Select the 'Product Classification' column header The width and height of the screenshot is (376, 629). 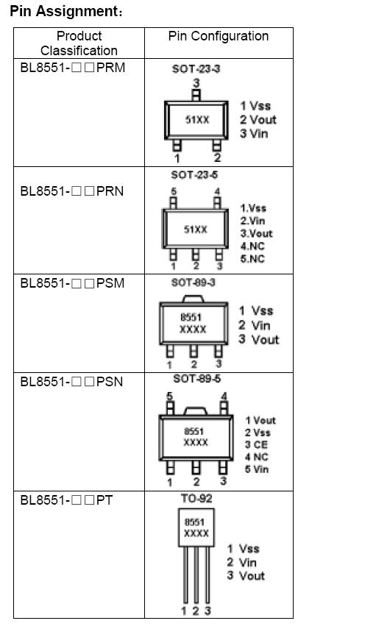tap(79, 43)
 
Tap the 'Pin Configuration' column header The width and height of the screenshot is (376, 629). tap(219, 36)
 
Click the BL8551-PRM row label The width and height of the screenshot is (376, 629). tap(72, 68)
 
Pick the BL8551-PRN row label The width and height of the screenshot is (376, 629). tap(71, 191)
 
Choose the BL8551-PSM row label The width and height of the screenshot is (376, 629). tap(72, 283)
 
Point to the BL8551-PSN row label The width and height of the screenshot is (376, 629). tap(71, 382)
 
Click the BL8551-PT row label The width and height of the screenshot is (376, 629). tap(66, 500)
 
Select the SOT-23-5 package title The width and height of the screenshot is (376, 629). tap(194, 175)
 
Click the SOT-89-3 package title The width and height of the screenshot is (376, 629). tap(193, 282)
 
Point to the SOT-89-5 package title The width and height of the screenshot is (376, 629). tap(196, 379)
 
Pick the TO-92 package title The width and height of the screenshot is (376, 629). tap(195, 498)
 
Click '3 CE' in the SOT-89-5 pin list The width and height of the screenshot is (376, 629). tap(257, 444)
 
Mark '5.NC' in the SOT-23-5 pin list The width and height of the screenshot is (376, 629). tap(252, 259)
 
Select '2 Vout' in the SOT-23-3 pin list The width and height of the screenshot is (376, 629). tap(258, 120)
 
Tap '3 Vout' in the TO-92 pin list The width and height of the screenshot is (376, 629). tap(246, 576)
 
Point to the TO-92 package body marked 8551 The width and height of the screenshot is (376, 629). tap(196, 528)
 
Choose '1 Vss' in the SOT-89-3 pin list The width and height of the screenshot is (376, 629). tap(255, 311)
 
